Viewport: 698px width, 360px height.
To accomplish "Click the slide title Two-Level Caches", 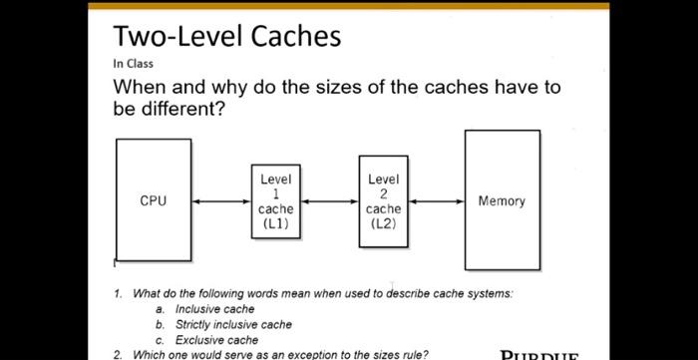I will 227,37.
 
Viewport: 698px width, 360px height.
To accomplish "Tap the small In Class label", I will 133,64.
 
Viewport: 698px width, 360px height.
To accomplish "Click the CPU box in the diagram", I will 154,200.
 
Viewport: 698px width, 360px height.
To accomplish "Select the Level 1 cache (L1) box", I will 275,201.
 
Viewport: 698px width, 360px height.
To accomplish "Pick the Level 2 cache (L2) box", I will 383,201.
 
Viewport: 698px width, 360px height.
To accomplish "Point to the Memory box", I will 502,200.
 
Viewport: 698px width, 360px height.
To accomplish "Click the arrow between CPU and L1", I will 220,201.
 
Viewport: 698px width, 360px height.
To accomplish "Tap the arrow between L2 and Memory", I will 436,201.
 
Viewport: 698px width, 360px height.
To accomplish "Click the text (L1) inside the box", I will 275,223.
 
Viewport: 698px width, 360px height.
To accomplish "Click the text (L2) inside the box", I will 383,223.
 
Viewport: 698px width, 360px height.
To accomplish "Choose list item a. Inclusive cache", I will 214,309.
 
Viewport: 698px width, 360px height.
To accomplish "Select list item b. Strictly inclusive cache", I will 233,324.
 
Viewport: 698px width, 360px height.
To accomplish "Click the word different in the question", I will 175,109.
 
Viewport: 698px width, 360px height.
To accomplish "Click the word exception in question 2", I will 319,354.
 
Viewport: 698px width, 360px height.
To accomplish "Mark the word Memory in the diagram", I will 502,201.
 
